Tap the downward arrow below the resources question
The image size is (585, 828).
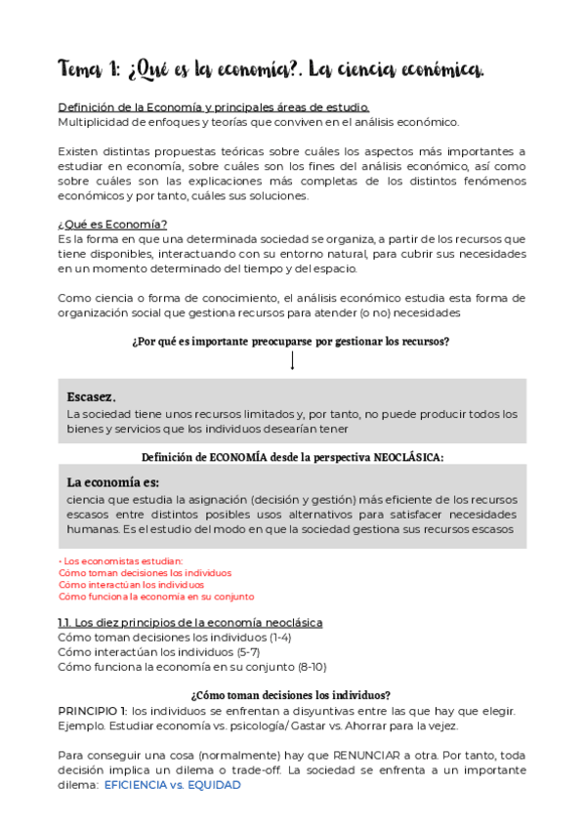[292, 360]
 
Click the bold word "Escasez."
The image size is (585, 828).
[92, 396]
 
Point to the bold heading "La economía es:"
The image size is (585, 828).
[113, 482]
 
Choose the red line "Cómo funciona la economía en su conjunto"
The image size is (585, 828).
[156, 596]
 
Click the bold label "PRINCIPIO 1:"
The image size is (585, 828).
[93, 710]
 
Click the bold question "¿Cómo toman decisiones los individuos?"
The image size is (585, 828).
[292, 694]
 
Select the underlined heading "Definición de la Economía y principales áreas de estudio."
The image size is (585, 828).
[214, 107]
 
